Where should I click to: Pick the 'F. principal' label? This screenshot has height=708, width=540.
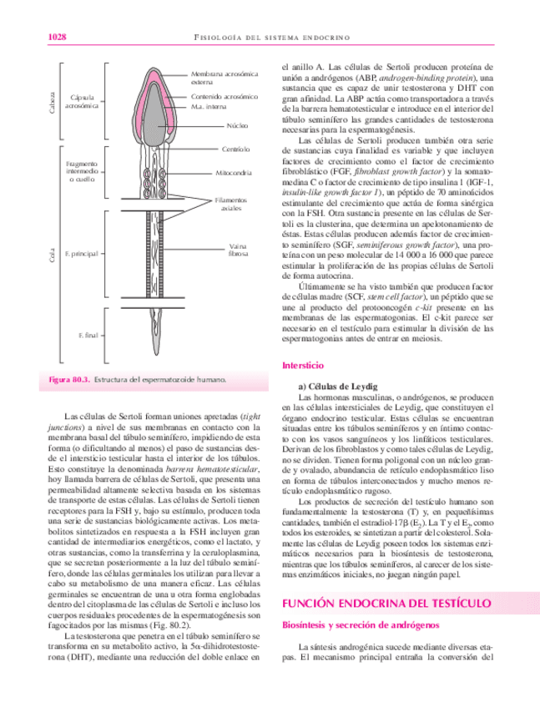(87, 251)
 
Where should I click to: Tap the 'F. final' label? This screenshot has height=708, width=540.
(88, 334)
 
